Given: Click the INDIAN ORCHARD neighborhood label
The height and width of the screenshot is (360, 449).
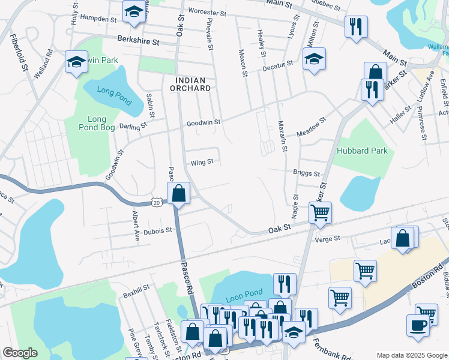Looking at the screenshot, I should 193,84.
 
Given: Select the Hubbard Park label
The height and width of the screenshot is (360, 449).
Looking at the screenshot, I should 361,151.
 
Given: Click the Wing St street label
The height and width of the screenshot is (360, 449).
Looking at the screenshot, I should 202,162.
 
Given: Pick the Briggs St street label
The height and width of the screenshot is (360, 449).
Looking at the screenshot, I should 306,174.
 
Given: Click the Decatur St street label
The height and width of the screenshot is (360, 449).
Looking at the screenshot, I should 277,64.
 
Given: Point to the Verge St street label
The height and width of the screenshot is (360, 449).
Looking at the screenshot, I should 327,239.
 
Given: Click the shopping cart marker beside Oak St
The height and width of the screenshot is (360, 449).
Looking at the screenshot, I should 320,212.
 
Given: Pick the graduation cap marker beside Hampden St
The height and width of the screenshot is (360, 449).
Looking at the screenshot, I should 133,11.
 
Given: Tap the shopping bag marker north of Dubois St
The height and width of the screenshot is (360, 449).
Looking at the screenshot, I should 179,193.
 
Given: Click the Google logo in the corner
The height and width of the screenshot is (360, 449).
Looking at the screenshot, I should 20,353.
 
